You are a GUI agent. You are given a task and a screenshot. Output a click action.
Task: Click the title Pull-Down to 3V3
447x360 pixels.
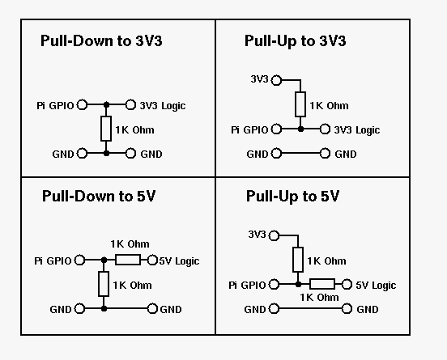101,40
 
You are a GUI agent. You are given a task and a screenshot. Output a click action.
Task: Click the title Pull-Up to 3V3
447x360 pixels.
295,41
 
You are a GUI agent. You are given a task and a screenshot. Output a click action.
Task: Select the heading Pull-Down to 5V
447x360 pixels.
99,196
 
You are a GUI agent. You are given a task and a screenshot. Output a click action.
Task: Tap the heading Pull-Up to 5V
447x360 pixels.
292,197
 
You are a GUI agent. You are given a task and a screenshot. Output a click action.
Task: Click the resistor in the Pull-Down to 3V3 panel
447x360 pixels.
106,129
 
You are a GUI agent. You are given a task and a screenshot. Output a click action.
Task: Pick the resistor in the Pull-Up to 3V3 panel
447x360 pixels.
300,104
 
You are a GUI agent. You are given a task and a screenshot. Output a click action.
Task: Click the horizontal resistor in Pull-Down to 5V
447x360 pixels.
128,260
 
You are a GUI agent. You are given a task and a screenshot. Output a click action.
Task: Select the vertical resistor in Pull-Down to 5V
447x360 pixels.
104,284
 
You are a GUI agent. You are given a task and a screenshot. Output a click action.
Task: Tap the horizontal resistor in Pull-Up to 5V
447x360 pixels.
322,284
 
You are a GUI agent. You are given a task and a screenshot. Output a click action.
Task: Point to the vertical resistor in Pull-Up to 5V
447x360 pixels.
298,260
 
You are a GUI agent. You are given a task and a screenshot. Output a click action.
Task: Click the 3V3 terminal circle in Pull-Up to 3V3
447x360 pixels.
276,80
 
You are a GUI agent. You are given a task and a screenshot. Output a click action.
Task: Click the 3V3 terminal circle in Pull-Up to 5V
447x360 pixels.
274,235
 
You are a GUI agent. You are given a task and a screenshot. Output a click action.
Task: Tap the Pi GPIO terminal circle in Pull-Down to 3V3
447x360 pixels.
82,104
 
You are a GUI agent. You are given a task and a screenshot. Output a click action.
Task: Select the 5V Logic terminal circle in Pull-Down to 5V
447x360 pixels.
152,260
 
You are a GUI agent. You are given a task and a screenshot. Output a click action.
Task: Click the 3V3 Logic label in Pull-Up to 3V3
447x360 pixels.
357,130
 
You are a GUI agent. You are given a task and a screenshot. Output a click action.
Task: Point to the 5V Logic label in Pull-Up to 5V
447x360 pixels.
376,286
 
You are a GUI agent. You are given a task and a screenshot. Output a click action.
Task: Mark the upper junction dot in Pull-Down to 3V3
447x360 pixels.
106,105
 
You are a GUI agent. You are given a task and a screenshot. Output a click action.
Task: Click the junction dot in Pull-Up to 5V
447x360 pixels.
298,284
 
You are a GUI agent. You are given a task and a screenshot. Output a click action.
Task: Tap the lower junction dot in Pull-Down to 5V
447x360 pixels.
104,308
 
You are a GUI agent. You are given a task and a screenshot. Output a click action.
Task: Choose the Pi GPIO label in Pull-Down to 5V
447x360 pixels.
53,260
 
